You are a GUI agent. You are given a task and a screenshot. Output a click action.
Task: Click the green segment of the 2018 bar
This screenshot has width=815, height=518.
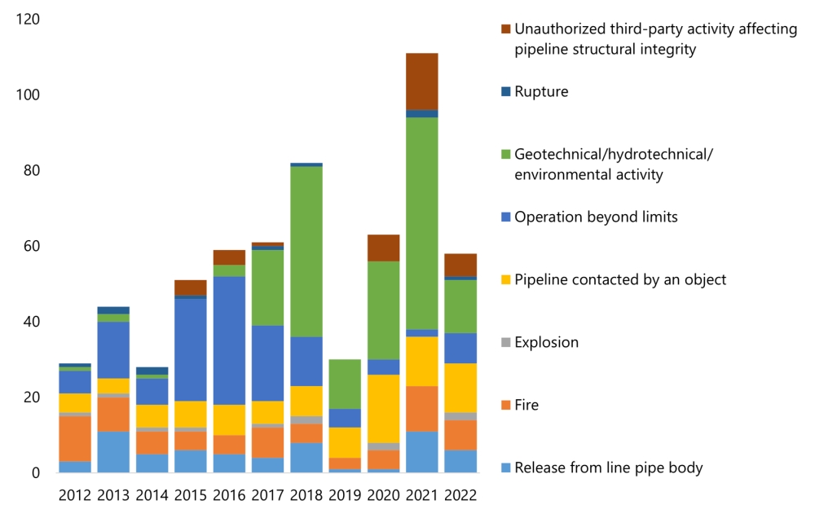coord(306,252)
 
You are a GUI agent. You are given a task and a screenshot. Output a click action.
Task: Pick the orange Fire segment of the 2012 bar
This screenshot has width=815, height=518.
coord(75,439)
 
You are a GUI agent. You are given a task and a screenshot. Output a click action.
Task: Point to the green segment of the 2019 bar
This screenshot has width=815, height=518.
coord(344,384)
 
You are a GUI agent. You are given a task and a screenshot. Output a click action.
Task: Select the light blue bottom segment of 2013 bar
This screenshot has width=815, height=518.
coord(113,452)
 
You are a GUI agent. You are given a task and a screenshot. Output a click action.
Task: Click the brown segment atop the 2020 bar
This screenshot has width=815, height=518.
coord(383,248)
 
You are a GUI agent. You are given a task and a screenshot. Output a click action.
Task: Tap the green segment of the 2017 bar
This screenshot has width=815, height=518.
coord(267,288)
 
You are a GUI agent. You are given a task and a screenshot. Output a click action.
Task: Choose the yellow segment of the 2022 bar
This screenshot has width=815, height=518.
coord(460,388)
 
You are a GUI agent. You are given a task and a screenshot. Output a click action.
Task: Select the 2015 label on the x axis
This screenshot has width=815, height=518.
coord(190,494)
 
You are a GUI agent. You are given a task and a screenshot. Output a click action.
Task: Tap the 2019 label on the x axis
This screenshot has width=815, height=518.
coord(344,494)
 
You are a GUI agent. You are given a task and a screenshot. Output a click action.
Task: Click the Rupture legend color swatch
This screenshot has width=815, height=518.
coord(506,91)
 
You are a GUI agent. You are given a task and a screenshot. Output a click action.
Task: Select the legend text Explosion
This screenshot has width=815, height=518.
coord(546,342)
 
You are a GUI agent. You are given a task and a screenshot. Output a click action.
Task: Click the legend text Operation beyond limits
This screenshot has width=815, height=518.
coord(596,217)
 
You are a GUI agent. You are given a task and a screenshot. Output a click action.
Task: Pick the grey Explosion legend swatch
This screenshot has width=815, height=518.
coord(506,342)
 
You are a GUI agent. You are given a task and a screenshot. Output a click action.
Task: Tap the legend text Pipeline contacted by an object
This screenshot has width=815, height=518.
coord(620,279)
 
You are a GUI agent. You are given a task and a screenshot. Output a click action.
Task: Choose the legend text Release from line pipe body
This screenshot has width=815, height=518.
coord(608,468)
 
